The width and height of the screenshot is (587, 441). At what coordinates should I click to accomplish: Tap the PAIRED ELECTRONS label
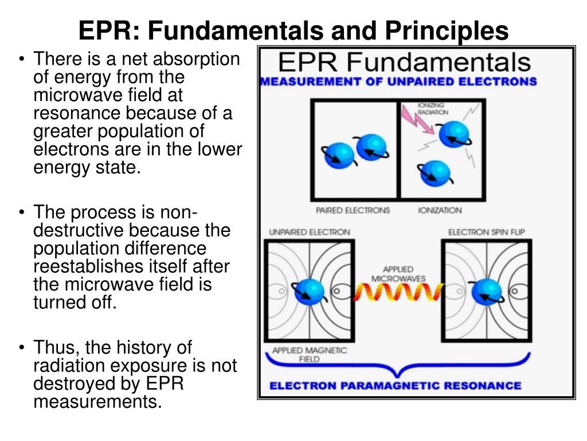tap(353, 211)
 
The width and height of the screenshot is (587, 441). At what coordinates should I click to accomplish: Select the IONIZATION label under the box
tap(440, 211)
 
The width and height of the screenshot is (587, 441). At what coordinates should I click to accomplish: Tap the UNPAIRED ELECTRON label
tap(310, 233)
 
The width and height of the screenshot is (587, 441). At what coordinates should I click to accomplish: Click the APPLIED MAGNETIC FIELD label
tap(310, 355)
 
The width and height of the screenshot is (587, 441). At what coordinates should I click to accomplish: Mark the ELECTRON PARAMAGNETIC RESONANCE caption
tap(396, 386)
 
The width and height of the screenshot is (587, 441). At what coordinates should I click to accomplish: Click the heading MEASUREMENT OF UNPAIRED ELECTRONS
tap(399, 82)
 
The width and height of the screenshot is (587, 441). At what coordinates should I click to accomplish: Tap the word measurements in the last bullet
tap(95, 402)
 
